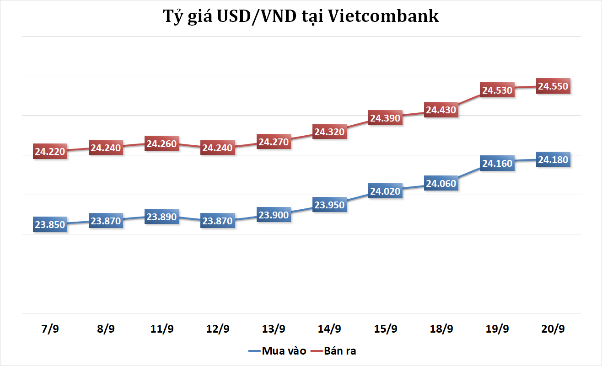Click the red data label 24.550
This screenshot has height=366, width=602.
pos(553,86)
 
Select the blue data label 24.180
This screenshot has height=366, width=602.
pos(553,160)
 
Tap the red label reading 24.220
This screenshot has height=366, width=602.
pos(50,151)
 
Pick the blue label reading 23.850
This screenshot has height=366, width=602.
pos(50,225)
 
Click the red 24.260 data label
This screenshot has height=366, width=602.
pos(162,143)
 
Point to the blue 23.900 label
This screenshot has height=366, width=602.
pos(274,215)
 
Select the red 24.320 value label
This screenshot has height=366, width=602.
pos(329,132)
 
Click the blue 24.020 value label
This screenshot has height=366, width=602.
pos(385,191)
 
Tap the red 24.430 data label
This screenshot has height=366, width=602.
pos(441,110)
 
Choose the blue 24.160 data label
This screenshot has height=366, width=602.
pos(497,162)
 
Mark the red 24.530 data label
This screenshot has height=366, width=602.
pos(497,90)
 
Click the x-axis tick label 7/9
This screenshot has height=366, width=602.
pos(50,329)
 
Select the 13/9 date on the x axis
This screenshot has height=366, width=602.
pos(274,329)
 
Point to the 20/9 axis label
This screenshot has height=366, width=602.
pos(553,329)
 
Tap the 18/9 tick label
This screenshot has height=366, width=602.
pos(441,329)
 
